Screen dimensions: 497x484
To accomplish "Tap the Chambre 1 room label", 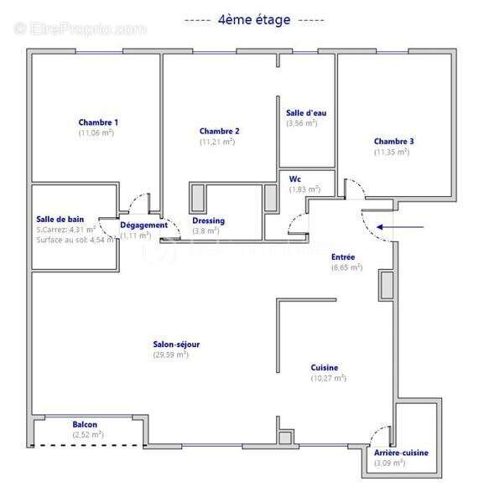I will pos(97,122).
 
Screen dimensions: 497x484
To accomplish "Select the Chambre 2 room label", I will pos(219,131).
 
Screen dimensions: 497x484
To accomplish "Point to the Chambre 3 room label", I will pos(393,141).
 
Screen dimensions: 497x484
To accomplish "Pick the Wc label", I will pos(294,179).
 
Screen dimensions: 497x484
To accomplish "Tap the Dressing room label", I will pos(207,220).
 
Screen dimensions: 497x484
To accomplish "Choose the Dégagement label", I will pos(143,225).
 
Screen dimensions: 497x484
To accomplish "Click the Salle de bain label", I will pos(60,219).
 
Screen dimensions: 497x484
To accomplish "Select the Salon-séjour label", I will pos(175,344).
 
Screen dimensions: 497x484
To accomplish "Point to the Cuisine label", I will pos(324,367).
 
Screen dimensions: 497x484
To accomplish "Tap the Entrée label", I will pos(344,256).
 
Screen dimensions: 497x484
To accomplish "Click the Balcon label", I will pos(85,424).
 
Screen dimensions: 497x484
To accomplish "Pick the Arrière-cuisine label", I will pos(401,453).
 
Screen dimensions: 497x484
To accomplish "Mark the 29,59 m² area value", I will pos(170,355).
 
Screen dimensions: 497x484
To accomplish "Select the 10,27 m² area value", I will pos(328,378).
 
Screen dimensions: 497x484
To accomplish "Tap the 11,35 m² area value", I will pos(392,152).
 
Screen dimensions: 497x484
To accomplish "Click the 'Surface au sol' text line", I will pos(74,240).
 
